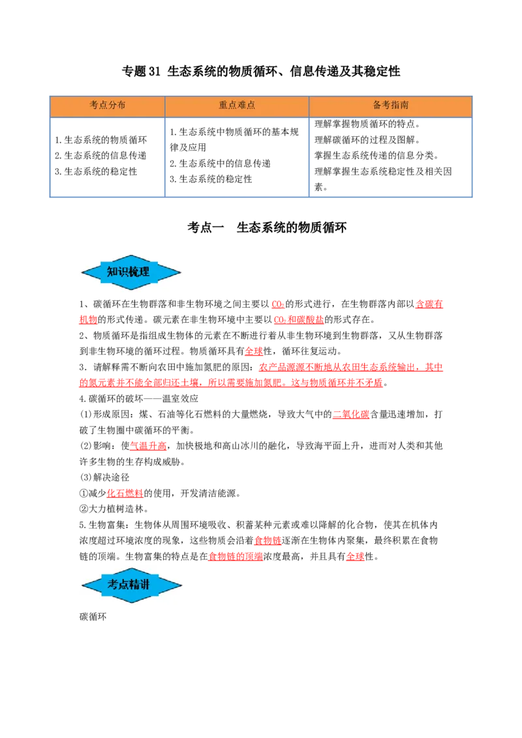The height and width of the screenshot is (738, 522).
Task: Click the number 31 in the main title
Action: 155,72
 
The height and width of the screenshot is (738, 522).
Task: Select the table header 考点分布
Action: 108,105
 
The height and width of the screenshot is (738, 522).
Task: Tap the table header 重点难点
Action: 236,105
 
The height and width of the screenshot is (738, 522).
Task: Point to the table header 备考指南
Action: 391,105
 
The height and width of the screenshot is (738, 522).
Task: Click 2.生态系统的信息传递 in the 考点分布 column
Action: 100,155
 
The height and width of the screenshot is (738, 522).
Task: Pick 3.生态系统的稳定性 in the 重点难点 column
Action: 211,179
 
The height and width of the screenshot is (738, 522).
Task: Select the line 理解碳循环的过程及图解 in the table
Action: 367,140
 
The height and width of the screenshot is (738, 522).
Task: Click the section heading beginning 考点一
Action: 267,228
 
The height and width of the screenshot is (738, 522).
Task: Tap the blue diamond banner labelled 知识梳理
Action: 131,272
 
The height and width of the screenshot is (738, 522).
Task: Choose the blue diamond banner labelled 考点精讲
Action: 131,585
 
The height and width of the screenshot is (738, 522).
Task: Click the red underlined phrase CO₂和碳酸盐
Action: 299,319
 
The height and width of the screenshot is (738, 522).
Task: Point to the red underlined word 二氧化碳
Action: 351,414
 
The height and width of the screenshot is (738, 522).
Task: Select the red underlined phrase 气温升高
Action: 148,446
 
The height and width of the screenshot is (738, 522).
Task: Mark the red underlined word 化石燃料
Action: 125,494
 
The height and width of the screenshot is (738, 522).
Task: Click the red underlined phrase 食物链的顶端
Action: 236,556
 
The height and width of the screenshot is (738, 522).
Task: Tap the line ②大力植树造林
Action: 114,509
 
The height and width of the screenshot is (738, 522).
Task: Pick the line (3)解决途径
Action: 104,477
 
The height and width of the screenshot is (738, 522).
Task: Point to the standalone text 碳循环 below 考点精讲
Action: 93,617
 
